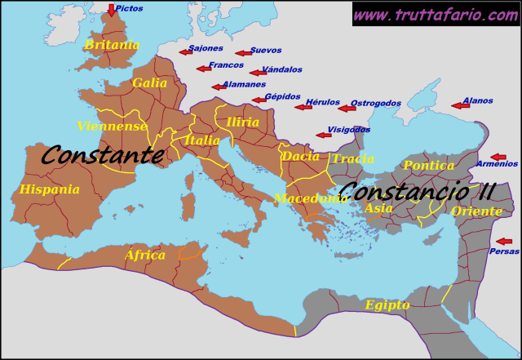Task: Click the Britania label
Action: click(x=112, y=45)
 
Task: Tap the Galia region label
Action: click(x=149, y=82)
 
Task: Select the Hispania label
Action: click(x=50, y=189)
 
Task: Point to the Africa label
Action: click(x=145, y=256)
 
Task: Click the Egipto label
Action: click(x=387, y=305)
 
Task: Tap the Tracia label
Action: click(x=353, y=158)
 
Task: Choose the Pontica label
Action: click(x=428, y=166)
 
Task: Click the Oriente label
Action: click(x=476, y=211)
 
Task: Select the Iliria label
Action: click(x=243, y=122)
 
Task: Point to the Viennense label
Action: click(x=113, y=126)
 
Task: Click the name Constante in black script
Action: click(x=102, y=154)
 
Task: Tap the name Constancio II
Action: click(x=416, y=193)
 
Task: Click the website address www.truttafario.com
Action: click(x=435, y=14)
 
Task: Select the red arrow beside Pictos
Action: click(x=111, y=10)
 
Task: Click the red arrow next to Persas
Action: click(x=504, y=242)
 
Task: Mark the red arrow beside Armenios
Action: click(x=498, y=157)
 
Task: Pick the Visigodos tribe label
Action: click(x=348, y=130)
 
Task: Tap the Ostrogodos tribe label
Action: click(x=375, y=104)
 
